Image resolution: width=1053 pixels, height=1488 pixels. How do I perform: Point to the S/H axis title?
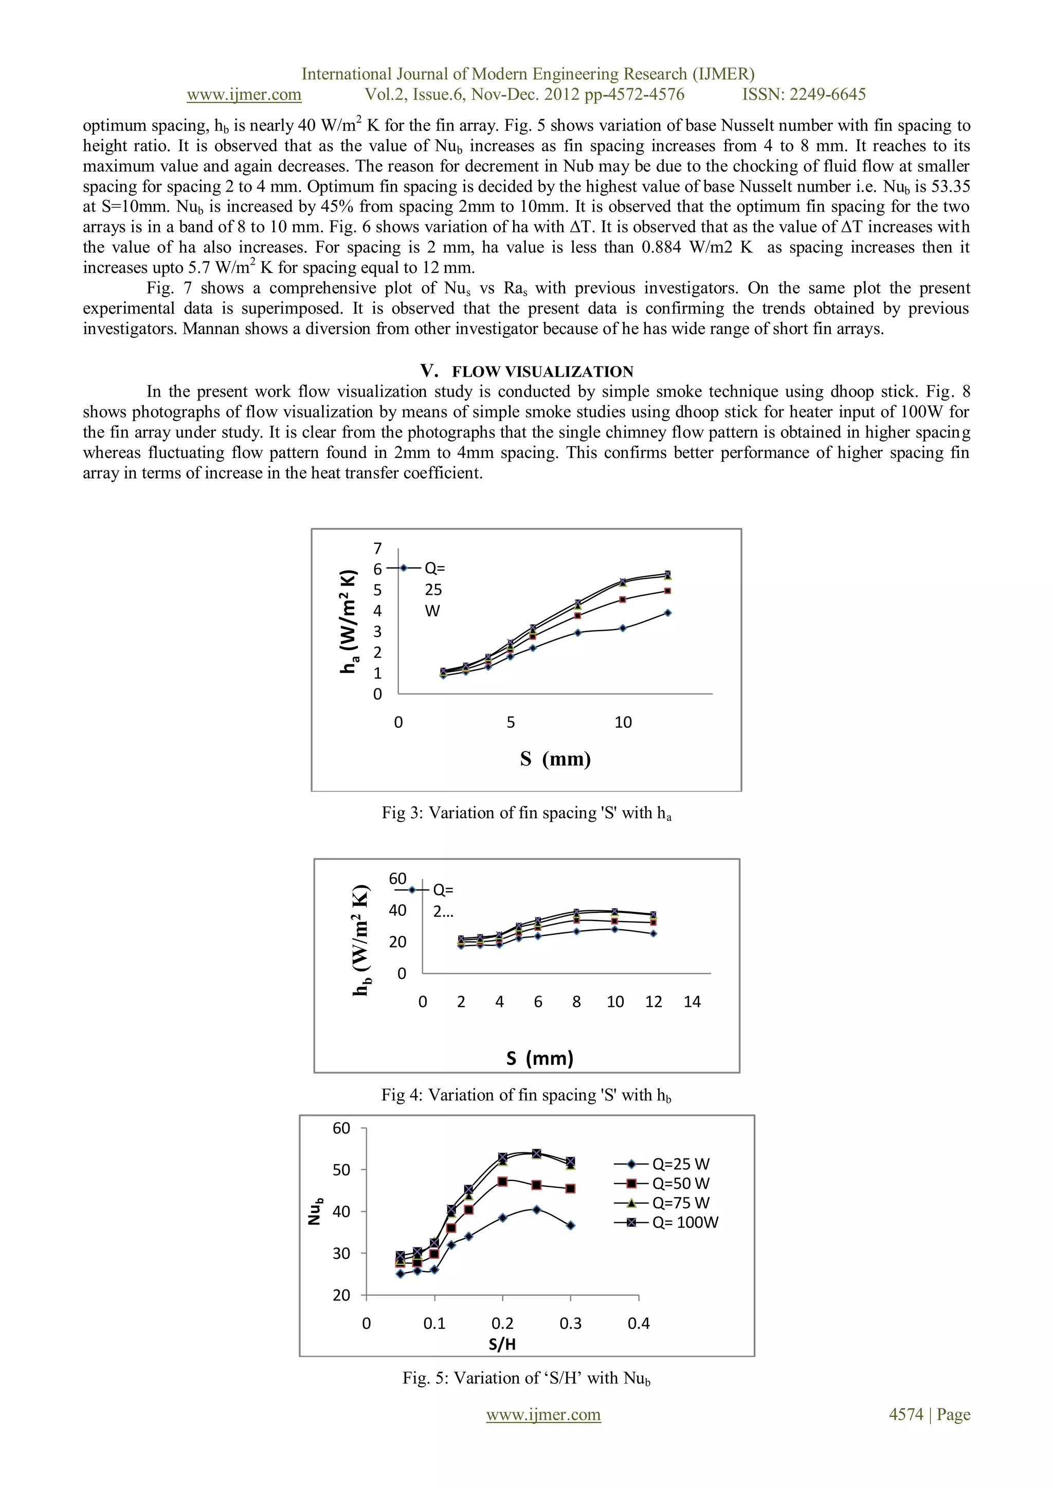click(x=502, y=1344)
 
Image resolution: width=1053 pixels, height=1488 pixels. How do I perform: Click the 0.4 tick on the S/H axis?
click(x=638, y=1324)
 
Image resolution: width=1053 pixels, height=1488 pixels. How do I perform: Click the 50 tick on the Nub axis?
click(x=342, y=1170)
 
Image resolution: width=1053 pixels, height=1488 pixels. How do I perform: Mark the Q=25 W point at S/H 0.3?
click(x=571, y=1225)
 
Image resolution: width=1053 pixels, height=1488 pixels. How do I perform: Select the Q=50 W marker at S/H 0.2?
click(x=502, y=1182)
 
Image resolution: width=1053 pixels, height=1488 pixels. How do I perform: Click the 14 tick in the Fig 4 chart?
click(x=692, y=1002)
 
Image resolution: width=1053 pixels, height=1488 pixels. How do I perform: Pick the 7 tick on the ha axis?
click(x=377, y=548)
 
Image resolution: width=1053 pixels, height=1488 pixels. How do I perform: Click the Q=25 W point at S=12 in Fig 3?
click(x=668, y=613)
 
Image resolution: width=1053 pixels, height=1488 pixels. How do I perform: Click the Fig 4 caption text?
click(x=526, y=1095)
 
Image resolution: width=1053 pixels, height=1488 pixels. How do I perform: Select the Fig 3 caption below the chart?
click(x=526, y=813)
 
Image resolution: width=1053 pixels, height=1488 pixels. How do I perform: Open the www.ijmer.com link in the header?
click(x=244, y=95)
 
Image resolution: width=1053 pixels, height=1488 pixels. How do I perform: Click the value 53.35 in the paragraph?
click(x=951, y=187)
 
